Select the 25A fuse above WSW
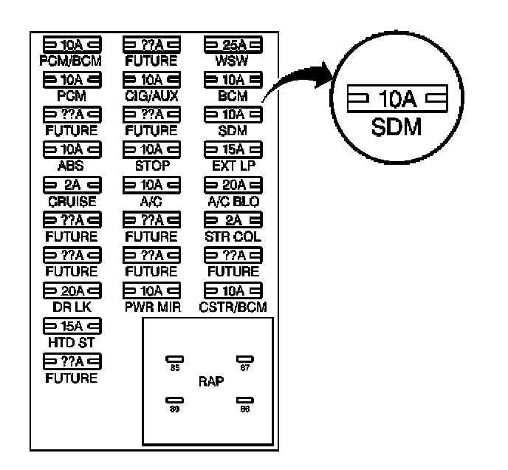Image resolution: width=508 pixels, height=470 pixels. [230, 44]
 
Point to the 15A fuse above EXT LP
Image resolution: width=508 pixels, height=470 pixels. [230, 151]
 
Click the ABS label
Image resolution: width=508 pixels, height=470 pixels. [71, 166]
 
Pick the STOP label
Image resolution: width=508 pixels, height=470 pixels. [151, 166]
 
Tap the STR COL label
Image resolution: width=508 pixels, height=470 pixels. [230, 236]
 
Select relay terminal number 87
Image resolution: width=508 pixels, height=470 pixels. [244, 367]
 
